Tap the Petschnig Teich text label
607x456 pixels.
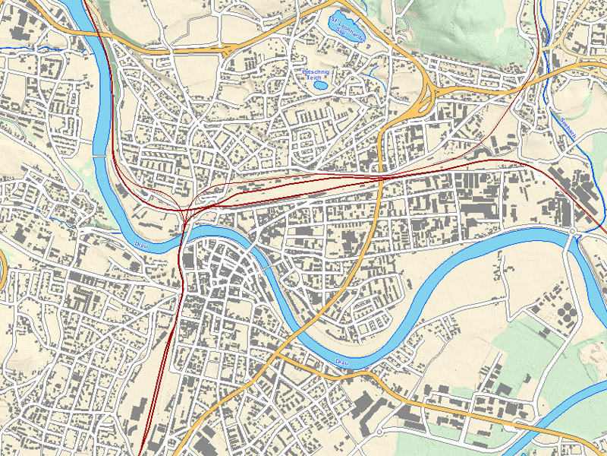coord(315,74)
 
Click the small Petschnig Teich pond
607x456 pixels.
coord(321,84)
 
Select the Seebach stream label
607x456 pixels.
coord(566,126)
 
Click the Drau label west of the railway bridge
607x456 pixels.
coord(140,244)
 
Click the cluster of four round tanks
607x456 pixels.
coord(565,314)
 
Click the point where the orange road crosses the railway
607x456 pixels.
coord(379,179)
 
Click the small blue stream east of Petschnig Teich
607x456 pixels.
coord(376,72)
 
